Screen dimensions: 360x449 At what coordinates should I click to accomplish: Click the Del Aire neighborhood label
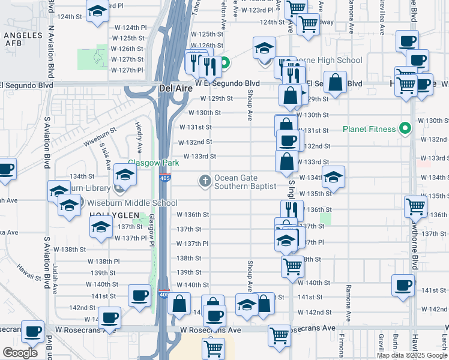click(175, 89)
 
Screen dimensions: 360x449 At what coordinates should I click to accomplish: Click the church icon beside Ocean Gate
click(205, 180)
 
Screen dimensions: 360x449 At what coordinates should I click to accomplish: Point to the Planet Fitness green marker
click(405, 128)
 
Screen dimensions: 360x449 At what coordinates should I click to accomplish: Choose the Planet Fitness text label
click(369, 129)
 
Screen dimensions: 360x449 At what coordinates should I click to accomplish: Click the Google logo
click(20, 352)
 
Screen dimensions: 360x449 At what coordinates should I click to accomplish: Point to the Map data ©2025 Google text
click(411, 355)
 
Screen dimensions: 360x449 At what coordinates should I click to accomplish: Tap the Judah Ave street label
click(55, 273)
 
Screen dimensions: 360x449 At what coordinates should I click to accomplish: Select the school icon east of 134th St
click(334, 176)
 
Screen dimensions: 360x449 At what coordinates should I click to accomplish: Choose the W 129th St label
click(215, 98)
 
